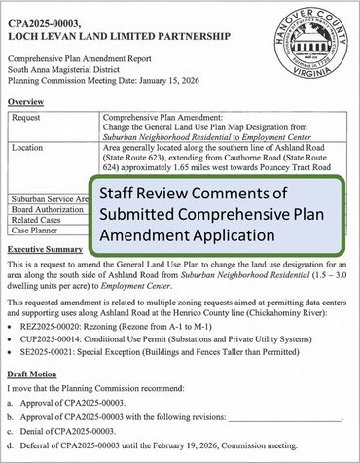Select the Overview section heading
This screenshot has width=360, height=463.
[x=29, y=101]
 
